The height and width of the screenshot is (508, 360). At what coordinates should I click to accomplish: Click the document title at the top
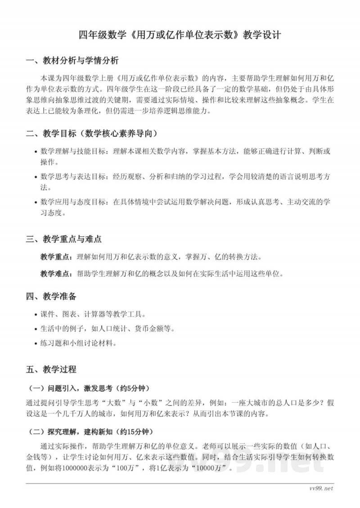click(x=180, y=35)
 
